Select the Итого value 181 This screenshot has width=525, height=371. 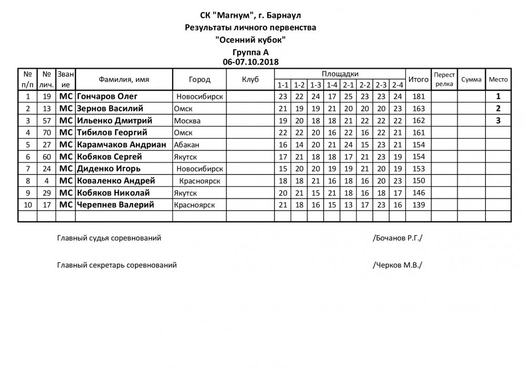418,97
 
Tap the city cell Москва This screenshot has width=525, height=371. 186,121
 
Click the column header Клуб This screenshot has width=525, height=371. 250,79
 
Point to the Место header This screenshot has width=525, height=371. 498,79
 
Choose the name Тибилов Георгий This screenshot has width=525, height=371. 111,132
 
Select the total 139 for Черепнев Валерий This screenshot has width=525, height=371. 418,205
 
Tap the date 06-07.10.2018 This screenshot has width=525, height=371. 251,61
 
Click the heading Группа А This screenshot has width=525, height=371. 251,52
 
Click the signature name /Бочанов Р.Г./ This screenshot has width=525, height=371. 397,238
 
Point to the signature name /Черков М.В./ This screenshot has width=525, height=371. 397,265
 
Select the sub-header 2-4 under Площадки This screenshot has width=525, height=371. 397,85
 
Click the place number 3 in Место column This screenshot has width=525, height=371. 498,121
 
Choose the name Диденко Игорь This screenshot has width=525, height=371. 108,168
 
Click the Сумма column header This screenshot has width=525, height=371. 471,79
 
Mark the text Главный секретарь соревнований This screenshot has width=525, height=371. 117,265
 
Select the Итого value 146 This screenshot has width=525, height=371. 418,193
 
